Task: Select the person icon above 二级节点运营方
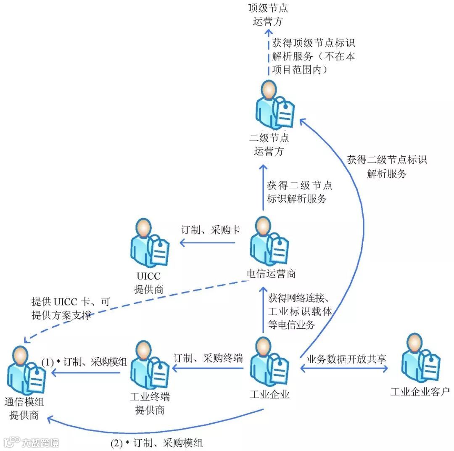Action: click(x=274, y=105)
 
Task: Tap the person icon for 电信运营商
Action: click(x=269, y=242)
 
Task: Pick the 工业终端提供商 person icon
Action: click(x=150, y=366)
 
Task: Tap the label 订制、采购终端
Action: click(x=208, y=358)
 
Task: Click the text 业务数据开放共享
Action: click(x=346, y=359)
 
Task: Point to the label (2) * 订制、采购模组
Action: click(x=156, y=442)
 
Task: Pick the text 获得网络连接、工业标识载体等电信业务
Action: click(x=300, y=311)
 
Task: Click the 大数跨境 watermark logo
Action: click(x=31, y=442)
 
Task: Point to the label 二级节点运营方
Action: click(x=269, y=144)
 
